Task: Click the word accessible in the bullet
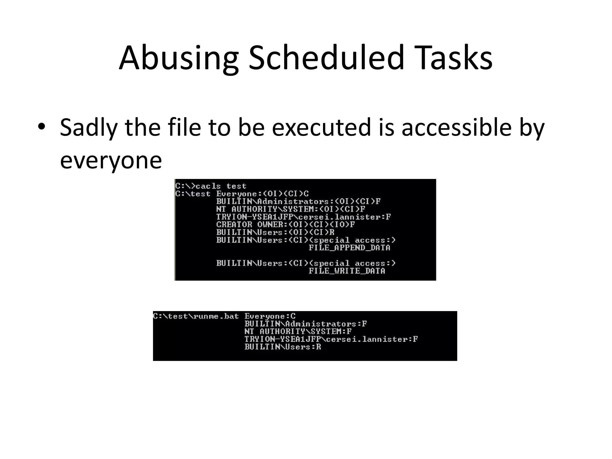pos(456,127)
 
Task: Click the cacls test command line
pos(211,186)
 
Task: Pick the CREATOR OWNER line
pos(285,224)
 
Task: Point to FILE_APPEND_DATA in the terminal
pos(349,248)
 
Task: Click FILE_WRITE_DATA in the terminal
pos(347,271)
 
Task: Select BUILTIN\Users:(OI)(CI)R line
pos(275,232)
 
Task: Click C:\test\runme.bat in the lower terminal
pos(196,316)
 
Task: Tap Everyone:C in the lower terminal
pos(270,316)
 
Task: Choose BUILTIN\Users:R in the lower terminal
pos(283,347)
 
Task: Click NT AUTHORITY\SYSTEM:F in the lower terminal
pos(298,331)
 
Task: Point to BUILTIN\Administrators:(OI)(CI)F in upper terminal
pos(298,201)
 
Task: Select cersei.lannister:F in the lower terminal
pos(372,339)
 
